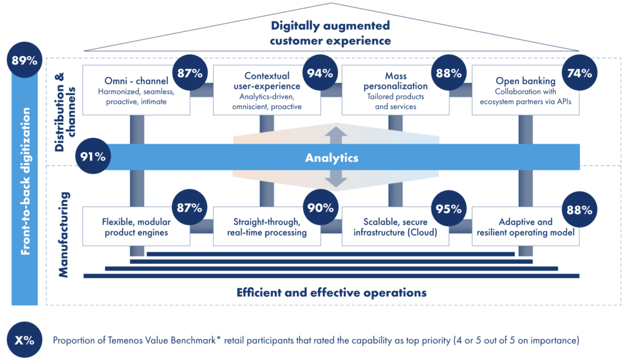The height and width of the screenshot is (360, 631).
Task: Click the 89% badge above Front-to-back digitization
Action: tap(24, 60)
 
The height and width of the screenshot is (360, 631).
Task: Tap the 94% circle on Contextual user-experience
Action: tap(319, 73)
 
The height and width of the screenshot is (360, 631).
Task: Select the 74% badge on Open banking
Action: tap(579, 73)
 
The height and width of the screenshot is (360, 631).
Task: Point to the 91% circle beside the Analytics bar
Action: tap(92, 157)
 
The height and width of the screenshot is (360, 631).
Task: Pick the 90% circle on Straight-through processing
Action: tap(319, 208)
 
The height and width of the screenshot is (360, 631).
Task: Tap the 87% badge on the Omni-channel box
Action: tap(190, 73)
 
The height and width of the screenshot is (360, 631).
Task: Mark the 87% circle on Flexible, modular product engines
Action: tap(190, 208)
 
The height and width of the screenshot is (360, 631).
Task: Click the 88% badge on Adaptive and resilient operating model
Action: tap(579, 208)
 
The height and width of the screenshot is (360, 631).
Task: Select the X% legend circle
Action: tap(24, 340)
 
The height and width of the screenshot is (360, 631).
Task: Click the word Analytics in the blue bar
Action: tap(332, 158)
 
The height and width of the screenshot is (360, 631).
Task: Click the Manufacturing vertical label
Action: tap(63, 234)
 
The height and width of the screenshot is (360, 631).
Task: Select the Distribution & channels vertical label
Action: tap(63, 111)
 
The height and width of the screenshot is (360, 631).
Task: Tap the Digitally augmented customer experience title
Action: tap(331, 33)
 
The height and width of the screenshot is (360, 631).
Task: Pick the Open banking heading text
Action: tap(525, 81)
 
